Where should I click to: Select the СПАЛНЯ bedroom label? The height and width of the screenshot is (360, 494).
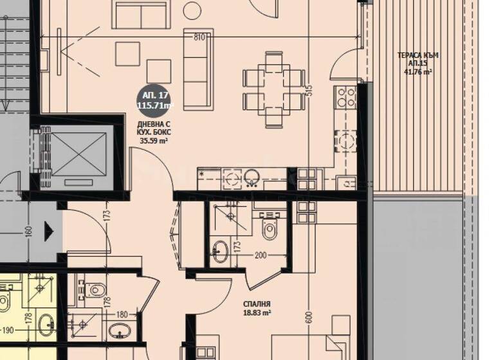[x=257, y=304]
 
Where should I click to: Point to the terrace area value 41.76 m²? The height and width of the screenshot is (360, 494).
[x=417, y=73]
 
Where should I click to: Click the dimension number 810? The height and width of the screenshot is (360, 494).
[x=199, y=37]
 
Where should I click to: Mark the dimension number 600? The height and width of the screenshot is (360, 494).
[x=309, y=317]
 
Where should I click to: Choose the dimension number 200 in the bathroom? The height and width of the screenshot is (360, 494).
[x=260, y=256]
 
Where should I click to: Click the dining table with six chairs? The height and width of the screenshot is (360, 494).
[x=273, y=89]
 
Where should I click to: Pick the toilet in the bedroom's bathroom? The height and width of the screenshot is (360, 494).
[x=269, y=228]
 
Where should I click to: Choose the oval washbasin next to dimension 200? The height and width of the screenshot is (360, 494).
[x=220, y=251]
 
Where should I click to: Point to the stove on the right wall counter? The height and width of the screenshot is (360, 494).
[x=346, y=96]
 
